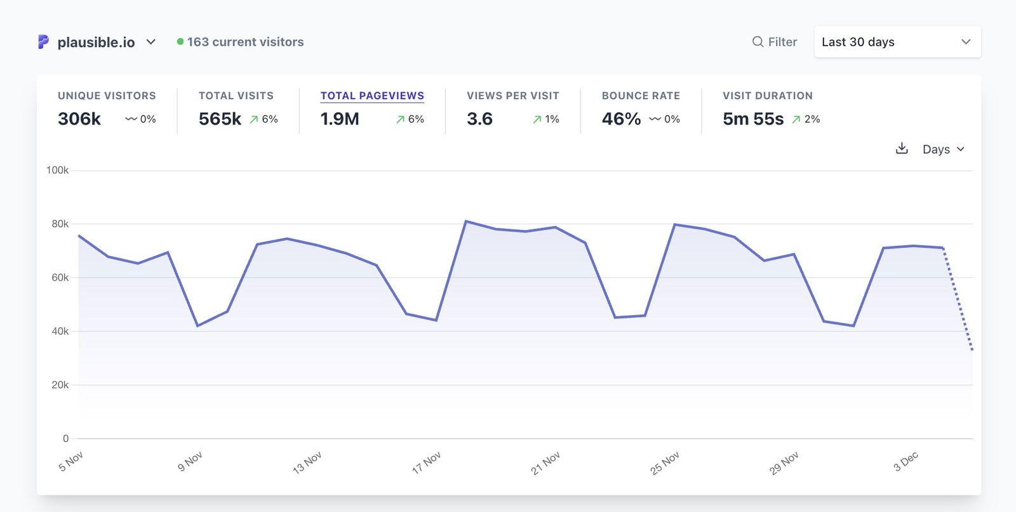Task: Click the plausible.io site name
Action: coord(96,42)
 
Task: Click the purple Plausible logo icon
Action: coord(43,42)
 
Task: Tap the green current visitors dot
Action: coord(180,42)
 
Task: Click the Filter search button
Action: coord(775,42)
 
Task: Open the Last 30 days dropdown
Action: coord(897,42)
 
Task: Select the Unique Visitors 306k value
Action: coord(79,119)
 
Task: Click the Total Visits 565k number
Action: coord(220,119)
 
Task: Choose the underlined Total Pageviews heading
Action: coord(372,96)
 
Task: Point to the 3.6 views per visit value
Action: coord(479,119)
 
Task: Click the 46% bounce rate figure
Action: coord(621,119)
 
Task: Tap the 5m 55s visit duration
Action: coord(753,119)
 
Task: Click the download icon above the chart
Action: coord(902,149)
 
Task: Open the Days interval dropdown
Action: coord(943,149)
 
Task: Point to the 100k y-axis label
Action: coord(57,170)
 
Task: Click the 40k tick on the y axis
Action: coord(60,331)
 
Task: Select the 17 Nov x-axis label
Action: coord(426,462)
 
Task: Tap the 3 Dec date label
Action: coord(906,461)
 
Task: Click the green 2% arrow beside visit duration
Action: coord(796,119)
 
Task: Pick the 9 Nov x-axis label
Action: coord(190,461)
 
